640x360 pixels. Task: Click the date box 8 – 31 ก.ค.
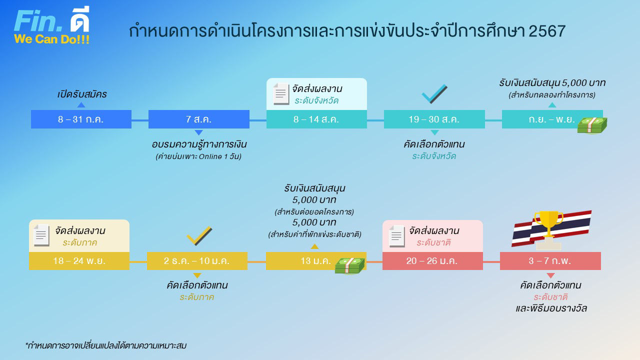(x=81, y=119)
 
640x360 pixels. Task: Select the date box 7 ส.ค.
(x=198, y=119)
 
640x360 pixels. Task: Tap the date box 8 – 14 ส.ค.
(x=316, y=119)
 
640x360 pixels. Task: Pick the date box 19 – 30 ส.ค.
(x=434, y=119)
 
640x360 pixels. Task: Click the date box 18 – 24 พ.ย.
(x=79, y=261)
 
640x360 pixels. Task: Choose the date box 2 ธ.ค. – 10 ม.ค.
(x=197, y=261)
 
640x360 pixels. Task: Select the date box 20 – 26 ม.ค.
(x=432, y=261)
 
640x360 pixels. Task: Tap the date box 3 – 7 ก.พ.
(x=550, y=261)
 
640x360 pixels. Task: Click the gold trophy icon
(x=548, y=228)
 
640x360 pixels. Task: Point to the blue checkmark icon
(x=434, y=94)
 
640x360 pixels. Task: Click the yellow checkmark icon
(x=199, y=236)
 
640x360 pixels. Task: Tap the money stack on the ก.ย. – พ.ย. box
(x=592, y=125)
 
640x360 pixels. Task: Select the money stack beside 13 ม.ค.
(x=350, y=265)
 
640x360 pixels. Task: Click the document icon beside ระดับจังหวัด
(x=281, y=94)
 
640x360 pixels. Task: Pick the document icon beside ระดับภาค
(x=41, y=235)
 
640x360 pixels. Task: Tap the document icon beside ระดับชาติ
(x=396, y=236)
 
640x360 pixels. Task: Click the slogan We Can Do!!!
(x=52, y=39)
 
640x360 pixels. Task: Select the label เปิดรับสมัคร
(x=82, y=94)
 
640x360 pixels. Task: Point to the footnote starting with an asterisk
(x=105, y=345)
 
